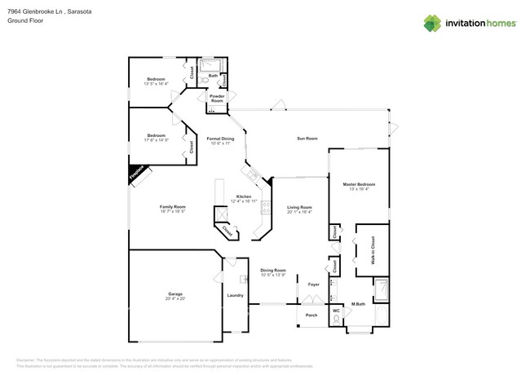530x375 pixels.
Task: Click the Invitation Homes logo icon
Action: coord(434,23)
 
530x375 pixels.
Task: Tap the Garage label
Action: coord(175,293)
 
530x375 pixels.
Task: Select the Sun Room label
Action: coord(307,139)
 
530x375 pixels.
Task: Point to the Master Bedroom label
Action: coord(359,184)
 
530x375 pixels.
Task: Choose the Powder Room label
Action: coord(217,96)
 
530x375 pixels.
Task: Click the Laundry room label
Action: coord(235,295)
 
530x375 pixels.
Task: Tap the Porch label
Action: coord(311,315)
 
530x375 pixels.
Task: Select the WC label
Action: coord(335,310)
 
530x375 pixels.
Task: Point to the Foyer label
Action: coord(313,284)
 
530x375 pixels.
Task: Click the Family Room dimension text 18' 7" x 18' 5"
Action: coord(172,211)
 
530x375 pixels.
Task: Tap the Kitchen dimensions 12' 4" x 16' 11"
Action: coord(243,201)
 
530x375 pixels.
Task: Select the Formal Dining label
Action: coord(220,139)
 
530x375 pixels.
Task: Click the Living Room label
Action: coord(300,207)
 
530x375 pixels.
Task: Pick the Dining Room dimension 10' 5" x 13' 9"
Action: coord(273,274)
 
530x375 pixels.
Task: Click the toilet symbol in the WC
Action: coord(335,321)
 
